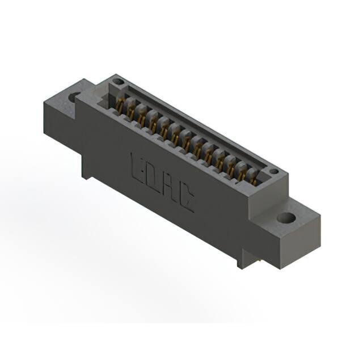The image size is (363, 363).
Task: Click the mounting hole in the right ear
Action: pyautogui.click(x=286, y=218)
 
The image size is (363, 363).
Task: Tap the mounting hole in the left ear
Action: pyautogui.click(x=75, y=97)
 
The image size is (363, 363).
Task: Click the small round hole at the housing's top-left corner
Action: pyautogui.click(x=118, y=82)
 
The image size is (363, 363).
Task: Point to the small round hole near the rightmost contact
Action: pyautogui.click(x=274, y=171)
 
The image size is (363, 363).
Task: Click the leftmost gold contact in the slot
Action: pyautogui.click(x=120, y=106)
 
